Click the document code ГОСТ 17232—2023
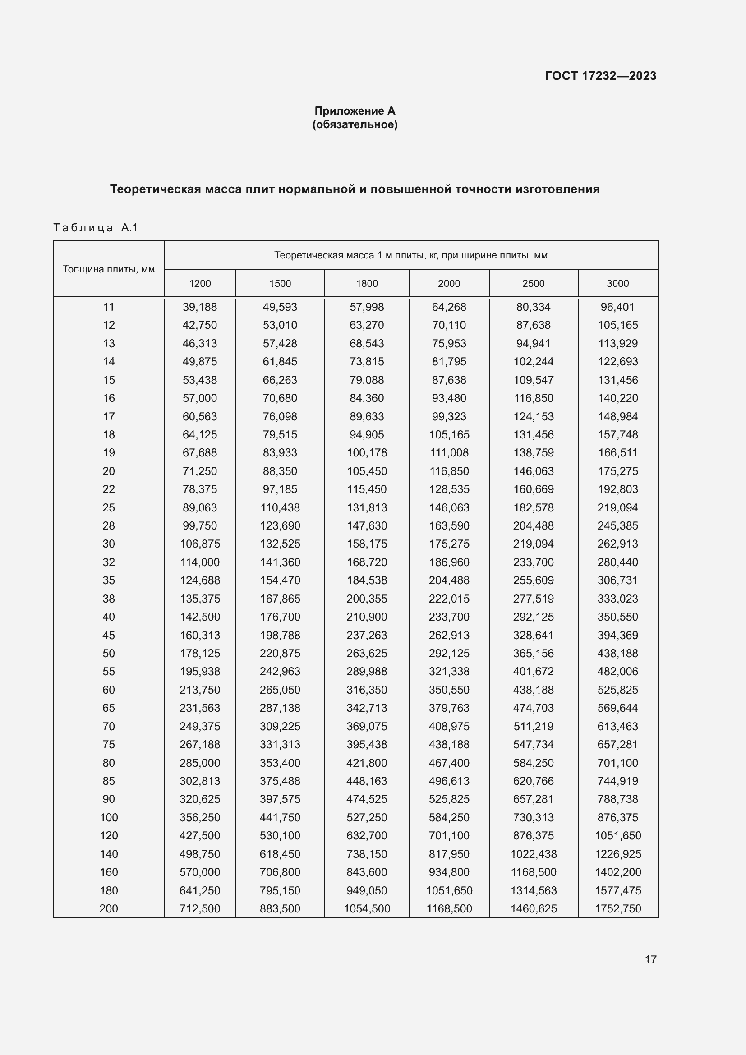click(600, 76)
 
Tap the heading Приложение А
click(355, 111)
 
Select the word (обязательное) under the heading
click(355, 124)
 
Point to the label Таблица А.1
click(96, 227)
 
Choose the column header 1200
click(200, 284)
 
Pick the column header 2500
click(533, 284)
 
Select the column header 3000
click(617, 284)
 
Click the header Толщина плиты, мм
click(108, 269)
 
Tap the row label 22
click(108, 489)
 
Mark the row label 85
click(108, 781)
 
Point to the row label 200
click(108, 908)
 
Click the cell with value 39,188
click(200, 307)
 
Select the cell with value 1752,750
click(617, 908)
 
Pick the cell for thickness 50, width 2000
click(449, 653)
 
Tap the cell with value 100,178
click(367, 452)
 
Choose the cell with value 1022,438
click(533, 854)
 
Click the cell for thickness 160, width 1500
click(280, 872)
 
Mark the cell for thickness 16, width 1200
click(200, 398)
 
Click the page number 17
click(650, 959)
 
